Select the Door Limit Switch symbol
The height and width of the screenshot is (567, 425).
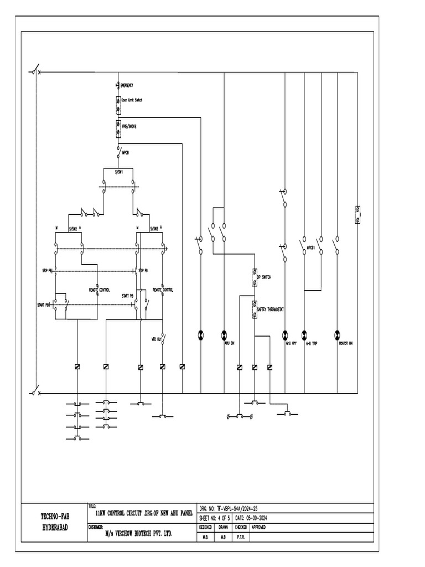point(118,104)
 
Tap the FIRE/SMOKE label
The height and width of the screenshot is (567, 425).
point(129,126)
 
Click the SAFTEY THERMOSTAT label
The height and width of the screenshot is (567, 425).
point(271,310)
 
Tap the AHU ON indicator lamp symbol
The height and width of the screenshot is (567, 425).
point(224,334)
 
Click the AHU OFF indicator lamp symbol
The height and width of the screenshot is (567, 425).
point(286,334)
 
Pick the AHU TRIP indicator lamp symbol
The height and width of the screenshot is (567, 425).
point(304,334)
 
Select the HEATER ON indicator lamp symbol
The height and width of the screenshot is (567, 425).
point(336,334)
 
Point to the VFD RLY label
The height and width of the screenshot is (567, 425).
point(156,338)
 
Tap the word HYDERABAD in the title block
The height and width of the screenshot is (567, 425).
point(55,528)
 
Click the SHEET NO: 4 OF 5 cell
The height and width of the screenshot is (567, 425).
point(215,518)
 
